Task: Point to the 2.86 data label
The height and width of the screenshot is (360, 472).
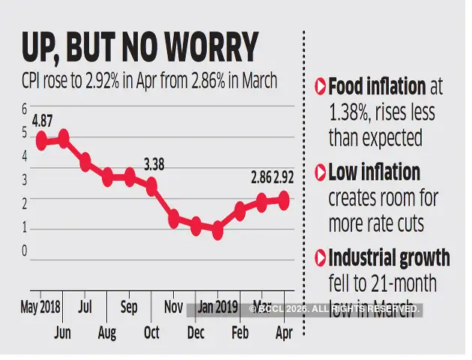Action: pyautogui.click(x=260, y=179)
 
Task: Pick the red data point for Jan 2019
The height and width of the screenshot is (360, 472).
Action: pyautogui.click(x=217, y=230)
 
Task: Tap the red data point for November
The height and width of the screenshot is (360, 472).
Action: pyautogui.click(x=174, y=218)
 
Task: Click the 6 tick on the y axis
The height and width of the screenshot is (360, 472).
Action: pyautogui.click(x=24, y=109)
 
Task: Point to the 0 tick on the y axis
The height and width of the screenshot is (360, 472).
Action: pyautogui.click(x=24, y=251)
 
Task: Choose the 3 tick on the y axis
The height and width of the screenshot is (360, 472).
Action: pyautogui.click(x=24, y=180)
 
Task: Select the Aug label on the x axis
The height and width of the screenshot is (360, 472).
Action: pyautogui.click(x=107, y=332)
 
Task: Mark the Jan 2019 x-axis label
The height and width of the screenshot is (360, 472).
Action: pyautogui.click(x=217, y=307)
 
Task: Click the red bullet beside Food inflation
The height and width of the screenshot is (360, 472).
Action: pyautogui.click(x=320, y=87)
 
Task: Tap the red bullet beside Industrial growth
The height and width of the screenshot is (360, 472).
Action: pyautogui.click(x=320, y=259)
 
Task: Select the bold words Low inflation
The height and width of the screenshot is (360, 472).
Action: pyautogui.click(x=374, y=172)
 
